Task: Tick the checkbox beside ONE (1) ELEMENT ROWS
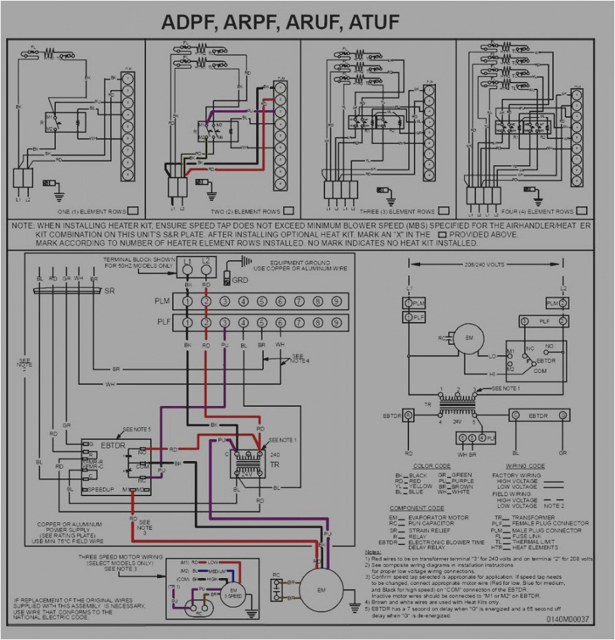(134, 211)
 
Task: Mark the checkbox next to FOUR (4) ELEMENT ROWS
(582, 211)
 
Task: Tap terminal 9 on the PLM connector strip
(336, 301)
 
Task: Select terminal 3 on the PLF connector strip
(225, 322)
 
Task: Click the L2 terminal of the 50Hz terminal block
(206, 270)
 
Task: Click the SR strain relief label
(110, 292)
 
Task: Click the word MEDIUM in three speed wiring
(217, 571)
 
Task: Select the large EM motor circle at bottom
(321, 590)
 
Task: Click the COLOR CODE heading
(432, 466)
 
